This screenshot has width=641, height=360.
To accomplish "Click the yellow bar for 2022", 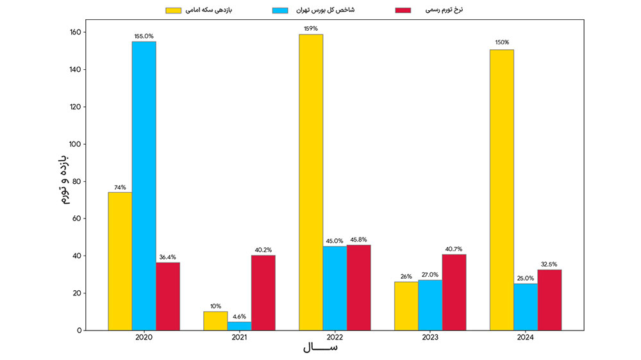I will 311,183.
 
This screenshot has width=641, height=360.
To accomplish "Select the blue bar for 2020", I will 144,186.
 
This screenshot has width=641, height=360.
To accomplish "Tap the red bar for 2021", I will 263,293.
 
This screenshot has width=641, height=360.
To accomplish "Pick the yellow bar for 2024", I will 501,190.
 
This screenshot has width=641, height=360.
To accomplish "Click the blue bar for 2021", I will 239,326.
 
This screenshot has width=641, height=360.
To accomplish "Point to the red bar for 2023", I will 454,292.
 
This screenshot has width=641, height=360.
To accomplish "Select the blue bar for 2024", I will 525,307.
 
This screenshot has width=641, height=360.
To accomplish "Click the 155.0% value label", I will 144,37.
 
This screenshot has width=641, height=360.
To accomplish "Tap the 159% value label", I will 311,29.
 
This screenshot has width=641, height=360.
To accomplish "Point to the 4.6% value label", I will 239,316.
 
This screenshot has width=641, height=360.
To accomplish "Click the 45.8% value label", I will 358,240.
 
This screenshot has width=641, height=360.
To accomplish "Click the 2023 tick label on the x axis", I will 430,337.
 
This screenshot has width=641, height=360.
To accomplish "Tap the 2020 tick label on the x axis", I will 144,337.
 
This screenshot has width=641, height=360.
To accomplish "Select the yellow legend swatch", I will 174,10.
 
